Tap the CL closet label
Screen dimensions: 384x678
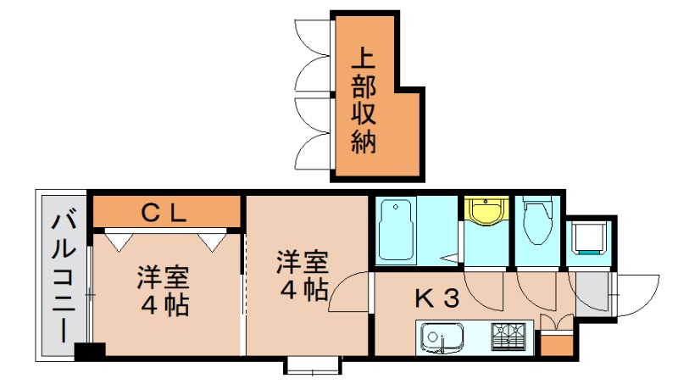click(163, 213)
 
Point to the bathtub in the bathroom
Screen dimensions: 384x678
click(397, 230)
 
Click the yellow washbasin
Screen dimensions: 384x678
click(485, 212)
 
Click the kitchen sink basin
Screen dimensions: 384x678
click(441, 340)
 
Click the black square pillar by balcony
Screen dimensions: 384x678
click(89, 349)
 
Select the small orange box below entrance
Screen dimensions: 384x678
click(556, 344)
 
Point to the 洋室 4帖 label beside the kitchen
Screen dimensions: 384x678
click(301, 275)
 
